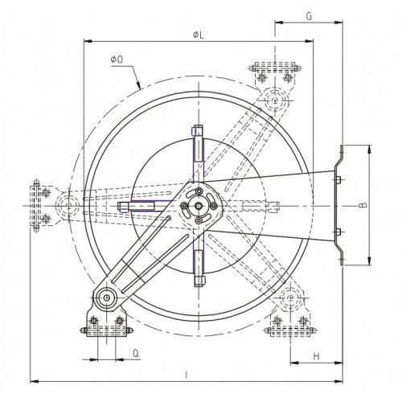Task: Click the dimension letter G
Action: click(x=309, y=16)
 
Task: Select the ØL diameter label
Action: click(x=199, y=35)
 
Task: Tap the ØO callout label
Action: click(x=117, y=59)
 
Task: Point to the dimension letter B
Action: click(x=363, y=205)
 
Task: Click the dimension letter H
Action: click(x=316, y=356)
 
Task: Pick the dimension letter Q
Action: click(x=136, y=354)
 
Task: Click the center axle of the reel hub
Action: click(x=199, y=206)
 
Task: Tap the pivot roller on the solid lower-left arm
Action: click(x=107, y=297)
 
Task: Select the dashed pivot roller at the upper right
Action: click(x=275, y=100)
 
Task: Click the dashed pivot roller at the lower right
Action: click(x=291, y=297)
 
